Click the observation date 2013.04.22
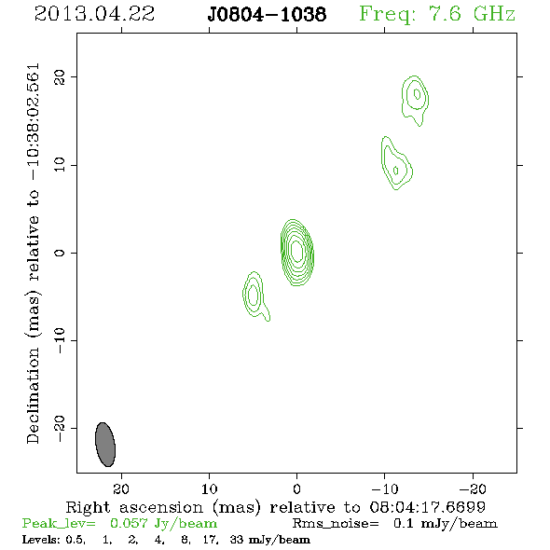click(x=94, y=14)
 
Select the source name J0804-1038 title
click(x=267, y=14)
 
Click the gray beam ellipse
click(x=105, y=445)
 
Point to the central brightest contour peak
click(x=296, y=251)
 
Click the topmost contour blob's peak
click(x=417, y=94)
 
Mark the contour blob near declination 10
click(x=395, y=165)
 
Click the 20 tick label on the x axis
click(x=121, y=488)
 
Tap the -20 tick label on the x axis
click(x=473, y=488)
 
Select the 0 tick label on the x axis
click(x=296, y=488)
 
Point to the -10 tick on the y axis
click(x=60, y=340)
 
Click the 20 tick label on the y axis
click(x=60, y=76)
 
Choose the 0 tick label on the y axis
click(x=60, y=253)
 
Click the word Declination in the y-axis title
click(x=33, y=395)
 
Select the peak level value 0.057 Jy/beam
click(x=164, y=524)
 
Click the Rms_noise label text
click(x=336, y=524)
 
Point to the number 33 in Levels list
click(x=236, y=539)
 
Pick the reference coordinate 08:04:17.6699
click(x=427, y=507)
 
